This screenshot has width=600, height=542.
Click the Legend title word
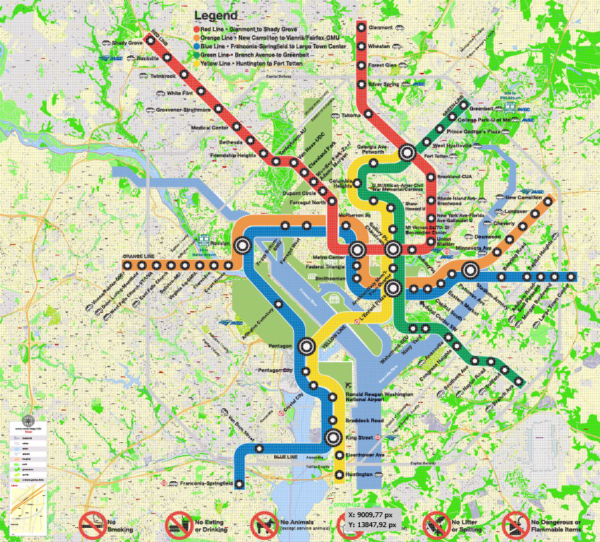tap(216, 15)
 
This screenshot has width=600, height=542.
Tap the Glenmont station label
tap(380, 28)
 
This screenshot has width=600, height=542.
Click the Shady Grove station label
tap(127, 43)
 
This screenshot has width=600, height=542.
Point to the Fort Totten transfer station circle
tap(407, 151)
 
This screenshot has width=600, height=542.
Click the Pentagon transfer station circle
tap(306, 346)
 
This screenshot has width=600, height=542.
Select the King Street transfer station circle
tap(332, 438)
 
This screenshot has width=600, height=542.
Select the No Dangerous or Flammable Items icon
tap(515, 525)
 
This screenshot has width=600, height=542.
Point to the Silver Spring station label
tap(384, 84)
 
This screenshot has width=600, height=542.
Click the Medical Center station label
tap(210, 127)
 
